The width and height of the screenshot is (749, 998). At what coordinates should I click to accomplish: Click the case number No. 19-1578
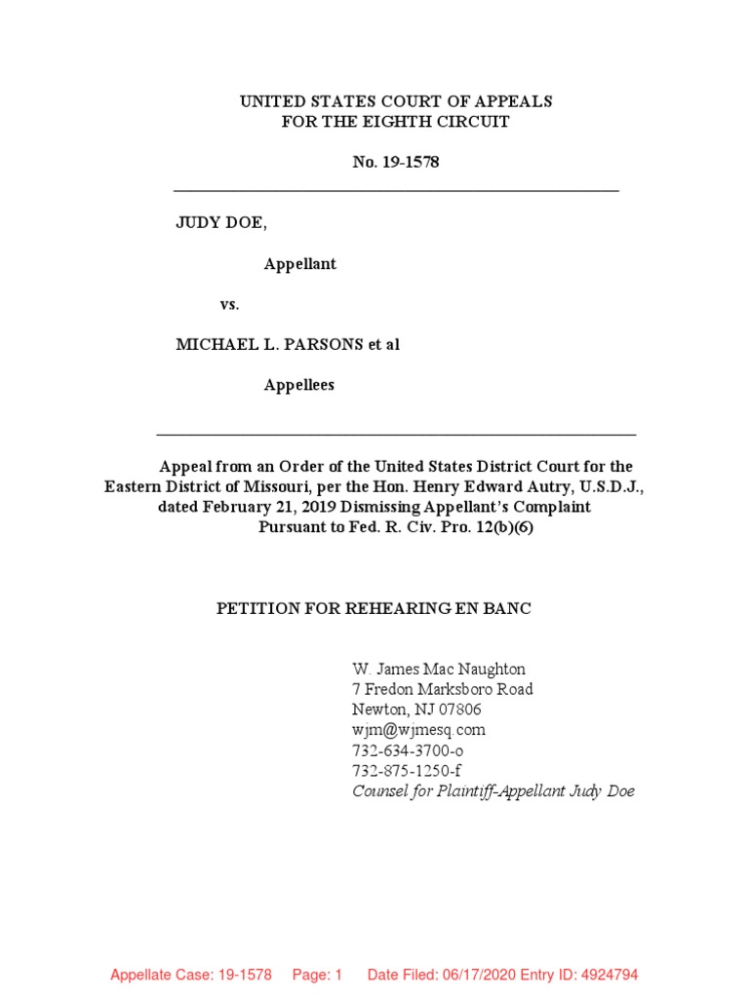pyautogui.click(x=395, y=162)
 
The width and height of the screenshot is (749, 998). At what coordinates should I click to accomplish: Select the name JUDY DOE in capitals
pyautogui.click(x=219, y=223)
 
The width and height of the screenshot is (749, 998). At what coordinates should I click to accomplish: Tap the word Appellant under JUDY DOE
pyautogui.click(x=300, y=264)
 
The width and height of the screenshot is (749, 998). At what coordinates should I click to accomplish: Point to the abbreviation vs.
pyautogui.click(x=229, y=304)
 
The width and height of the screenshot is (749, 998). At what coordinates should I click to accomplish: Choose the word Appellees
pyautogui.click(x=299, y=385)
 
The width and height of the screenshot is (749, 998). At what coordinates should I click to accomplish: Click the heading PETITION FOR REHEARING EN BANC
pyautogui.click(x=374, y=608)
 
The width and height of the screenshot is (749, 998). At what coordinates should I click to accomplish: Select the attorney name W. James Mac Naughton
pyautogui.click(x=438, y=670)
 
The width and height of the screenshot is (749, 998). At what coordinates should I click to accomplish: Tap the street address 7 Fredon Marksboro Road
pyautogui.click(x=442, y=689)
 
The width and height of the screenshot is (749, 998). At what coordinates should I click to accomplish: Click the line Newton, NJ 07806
pyautogui.click(x=416, y=710)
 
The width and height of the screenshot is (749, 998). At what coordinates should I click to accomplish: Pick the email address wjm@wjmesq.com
pyautogui.click(x=418, y=730)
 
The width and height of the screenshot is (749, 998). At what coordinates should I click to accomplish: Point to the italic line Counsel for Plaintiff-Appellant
pyautogui.click(x=493, y=791)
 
